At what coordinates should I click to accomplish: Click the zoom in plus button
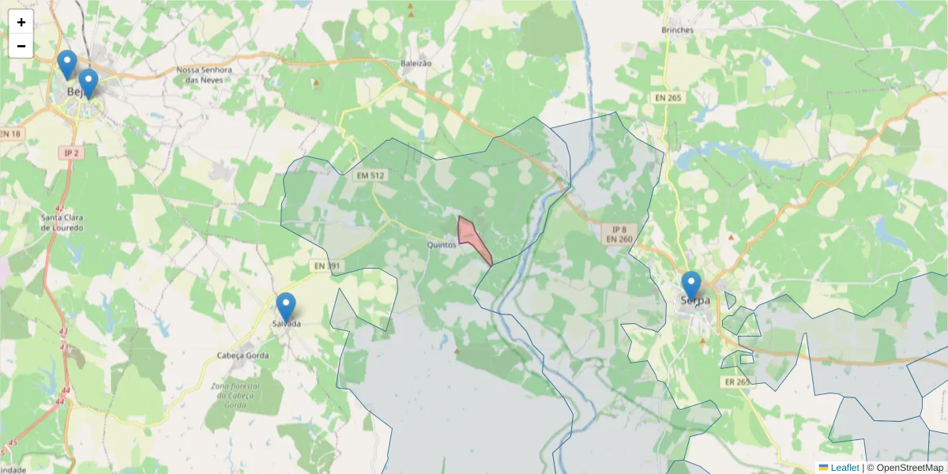[x=21, y=22]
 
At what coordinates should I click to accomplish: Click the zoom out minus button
[x=21, y=46]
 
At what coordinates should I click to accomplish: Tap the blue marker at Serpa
[x=691, y=285]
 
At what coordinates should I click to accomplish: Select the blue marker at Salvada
[x=286, y=307]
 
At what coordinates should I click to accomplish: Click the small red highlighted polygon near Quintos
[x=472, y=237]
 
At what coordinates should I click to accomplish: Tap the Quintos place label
[x=441, y=245]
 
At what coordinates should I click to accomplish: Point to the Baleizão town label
[x=416, y=62]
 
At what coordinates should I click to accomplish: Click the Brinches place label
[x=677, y=30]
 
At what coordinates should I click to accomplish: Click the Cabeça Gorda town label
[x=243, y=355]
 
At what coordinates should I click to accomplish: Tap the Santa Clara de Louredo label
[x=62, y=222]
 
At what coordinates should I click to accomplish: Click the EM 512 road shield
[x=371, y=175]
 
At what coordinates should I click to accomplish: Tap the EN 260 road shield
[x=619, y=239]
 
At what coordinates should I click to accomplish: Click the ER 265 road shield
[x=736, y=382]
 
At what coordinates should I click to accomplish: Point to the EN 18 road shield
[x=10, y=134]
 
